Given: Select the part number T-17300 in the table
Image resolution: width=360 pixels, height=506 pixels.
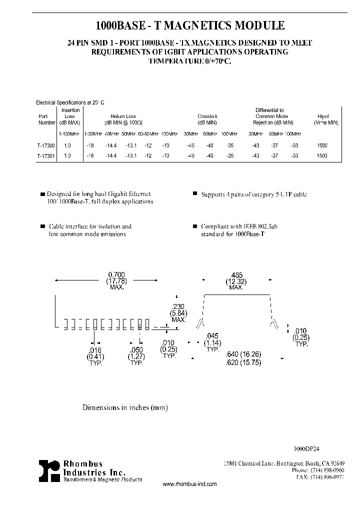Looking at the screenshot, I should pyautogui.click(x=46, y=145).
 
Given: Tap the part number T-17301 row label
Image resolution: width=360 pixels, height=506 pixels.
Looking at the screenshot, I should pyautogui.click(x=46, y=156).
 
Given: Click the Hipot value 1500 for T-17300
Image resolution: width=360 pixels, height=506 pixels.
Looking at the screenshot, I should pyautogui.click(x=322, y=145).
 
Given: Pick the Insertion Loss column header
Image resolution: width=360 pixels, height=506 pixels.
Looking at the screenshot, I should pyautogui.click(x=70, y=116).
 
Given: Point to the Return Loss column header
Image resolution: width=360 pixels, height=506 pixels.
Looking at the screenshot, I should pyautogui.click(x=123, y=116).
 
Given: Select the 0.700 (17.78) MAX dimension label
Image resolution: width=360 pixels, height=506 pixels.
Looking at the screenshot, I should pyautogui.click(x=116, y=280).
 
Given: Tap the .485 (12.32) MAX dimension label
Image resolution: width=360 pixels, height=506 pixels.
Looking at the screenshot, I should pyautogui.click(x=236, y=280).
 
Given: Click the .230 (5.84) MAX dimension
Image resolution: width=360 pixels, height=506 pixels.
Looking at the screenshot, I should pyautogui.click(x=178, y=313).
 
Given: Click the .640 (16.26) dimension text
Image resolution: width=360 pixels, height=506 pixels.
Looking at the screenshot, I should pyautogui.click(x=243, y=354).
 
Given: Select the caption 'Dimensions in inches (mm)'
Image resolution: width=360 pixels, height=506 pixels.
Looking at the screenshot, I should pyautogui.click(x=125, y=407).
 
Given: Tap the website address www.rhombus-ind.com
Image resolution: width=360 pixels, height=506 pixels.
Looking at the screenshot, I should pyautogui.click(x=190, y=484).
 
